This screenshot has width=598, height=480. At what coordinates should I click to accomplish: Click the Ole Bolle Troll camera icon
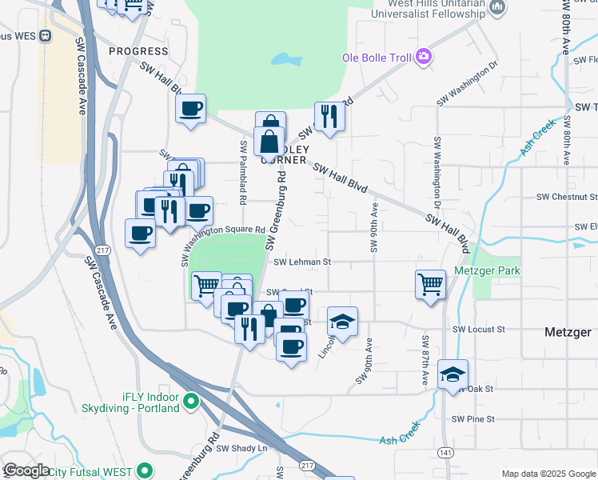[423, 57]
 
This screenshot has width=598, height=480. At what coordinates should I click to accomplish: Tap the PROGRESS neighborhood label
[138, 51]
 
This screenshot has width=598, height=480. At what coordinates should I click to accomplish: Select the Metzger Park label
[487, 271]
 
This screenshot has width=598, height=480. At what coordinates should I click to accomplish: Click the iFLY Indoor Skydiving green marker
[191, 401]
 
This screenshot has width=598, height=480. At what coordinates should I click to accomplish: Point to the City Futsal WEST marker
[145, 470]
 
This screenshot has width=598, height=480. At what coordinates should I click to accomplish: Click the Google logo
[27, 470]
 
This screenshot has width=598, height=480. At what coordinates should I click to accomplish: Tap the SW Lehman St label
[302, 262]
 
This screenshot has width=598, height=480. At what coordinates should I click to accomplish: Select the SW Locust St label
[479, 329]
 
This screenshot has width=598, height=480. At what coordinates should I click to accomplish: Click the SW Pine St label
[473, 418]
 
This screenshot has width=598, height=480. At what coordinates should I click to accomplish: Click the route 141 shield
[445, 453]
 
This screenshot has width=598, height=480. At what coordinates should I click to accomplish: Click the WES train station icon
[44, 35]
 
